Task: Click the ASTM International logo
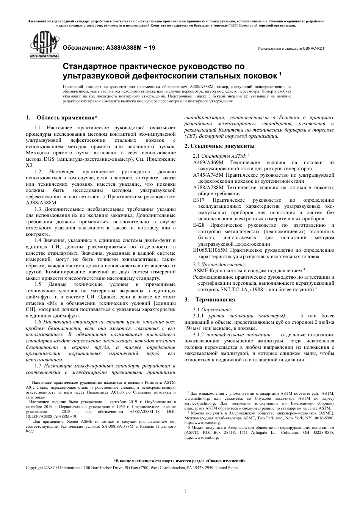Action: pyautogui.click(x=45, y=46)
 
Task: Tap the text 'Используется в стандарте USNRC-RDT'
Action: pyautogui.click(x=291, y=49)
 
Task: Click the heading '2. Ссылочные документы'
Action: pyautogui.click(x=219, y=146)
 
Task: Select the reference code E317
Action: pyautogui.click(x=199, y=200)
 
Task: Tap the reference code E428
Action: pyautogui.click(x=199, y=225)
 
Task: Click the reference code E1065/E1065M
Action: pyautogui.click(x=210, y=250)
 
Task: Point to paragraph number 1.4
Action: pyautogui.click(x=38, y=240)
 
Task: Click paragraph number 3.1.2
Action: pyautogui.click(x=199, y=334)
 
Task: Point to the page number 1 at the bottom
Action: pyautogui.click(x=185, y=491)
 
